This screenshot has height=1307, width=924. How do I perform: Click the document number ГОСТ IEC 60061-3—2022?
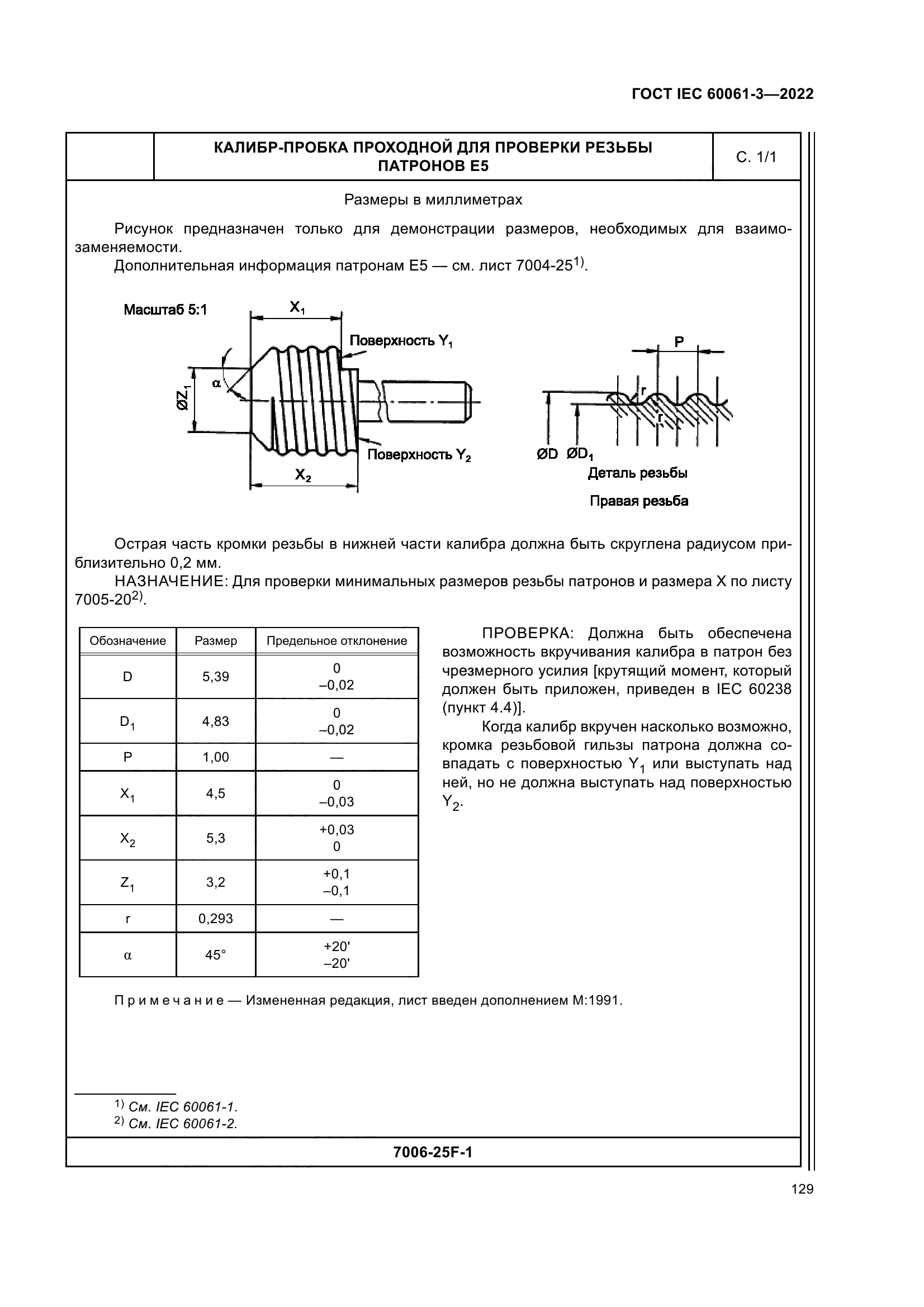tap(722, 94)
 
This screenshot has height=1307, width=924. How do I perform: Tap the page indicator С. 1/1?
tap(756, 157)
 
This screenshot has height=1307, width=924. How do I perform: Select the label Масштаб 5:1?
tap(165, 310)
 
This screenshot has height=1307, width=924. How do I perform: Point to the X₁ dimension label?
tap(297, 308)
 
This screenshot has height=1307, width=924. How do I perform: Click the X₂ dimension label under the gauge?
tap(303, 474)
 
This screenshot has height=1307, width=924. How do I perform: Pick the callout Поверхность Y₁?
tap(401, 341)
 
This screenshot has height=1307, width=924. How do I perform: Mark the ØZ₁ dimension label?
tap(183, 398)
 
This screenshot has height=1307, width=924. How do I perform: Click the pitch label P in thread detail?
tap(679, 342)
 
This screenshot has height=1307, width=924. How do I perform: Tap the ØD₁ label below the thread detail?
tap(580, 455)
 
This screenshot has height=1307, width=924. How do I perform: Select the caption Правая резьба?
tap(639, 501)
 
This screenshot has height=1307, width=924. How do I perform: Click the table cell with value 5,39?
tap(216, 677)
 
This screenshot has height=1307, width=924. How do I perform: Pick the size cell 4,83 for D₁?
tap(216, 721)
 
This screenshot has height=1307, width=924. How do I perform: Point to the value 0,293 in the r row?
tap(216, 919)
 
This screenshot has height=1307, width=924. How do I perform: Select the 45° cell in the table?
tap(216, 954)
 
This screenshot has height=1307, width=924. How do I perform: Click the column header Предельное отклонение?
tap(337, 641)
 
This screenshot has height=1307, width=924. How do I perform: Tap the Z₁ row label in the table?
tap(127, 883)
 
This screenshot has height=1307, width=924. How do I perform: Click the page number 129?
tap(802, 1189)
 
